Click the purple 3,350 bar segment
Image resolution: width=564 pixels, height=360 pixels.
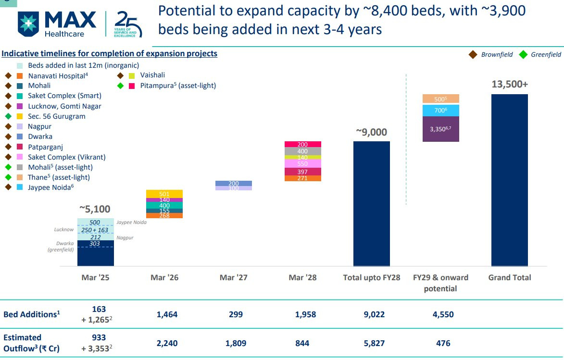[x=440, y=129]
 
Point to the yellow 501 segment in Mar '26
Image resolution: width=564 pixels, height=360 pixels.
[x=164, y=194]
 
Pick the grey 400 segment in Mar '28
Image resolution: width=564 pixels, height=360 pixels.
[x=302, y=151]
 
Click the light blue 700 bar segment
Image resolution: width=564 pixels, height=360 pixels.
[x=440, y=111]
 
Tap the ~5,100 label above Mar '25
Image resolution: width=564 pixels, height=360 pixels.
[x=96, y=209]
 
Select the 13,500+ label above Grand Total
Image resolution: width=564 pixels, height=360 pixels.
[x=510, y=84]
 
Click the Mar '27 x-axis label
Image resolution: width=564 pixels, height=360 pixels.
[x=234, y=277]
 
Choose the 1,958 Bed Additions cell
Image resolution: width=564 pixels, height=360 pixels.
[x=302, y=314]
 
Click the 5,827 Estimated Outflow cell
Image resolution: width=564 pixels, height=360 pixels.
[x=371, y=343]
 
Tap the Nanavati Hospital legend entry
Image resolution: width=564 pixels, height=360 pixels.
[x=58, y=75]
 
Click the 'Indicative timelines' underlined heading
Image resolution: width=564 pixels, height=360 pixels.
[x=110, y=53]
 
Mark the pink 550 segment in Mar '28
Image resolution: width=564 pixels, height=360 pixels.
[x=302, y=164]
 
